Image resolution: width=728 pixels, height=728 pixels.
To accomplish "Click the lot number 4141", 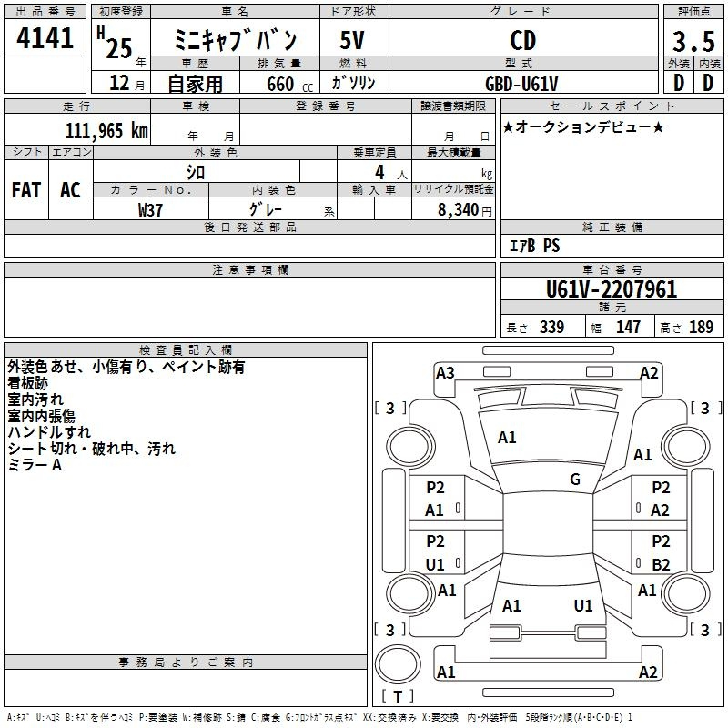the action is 45,38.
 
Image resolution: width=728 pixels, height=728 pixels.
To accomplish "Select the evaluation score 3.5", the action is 693,41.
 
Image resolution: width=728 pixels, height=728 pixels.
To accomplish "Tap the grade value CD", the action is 522,40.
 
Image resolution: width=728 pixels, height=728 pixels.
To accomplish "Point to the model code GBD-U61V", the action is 521,84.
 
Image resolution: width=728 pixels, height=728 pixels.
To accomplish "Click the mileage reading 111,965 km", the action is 106,131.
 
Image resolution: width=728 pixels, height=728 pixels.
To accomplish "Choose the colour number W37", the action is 150,210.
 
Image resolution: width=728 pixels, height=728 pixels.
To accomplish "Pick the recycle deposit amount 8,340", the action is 458,210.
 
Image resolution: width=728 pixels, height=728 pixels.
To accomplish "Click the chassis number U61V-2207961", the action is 612,289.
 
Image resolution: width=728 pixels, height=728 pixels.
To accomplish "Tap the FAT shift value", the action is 26,190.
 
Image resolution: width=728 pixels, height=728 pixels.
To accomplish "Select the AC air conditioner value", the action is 70,190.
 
